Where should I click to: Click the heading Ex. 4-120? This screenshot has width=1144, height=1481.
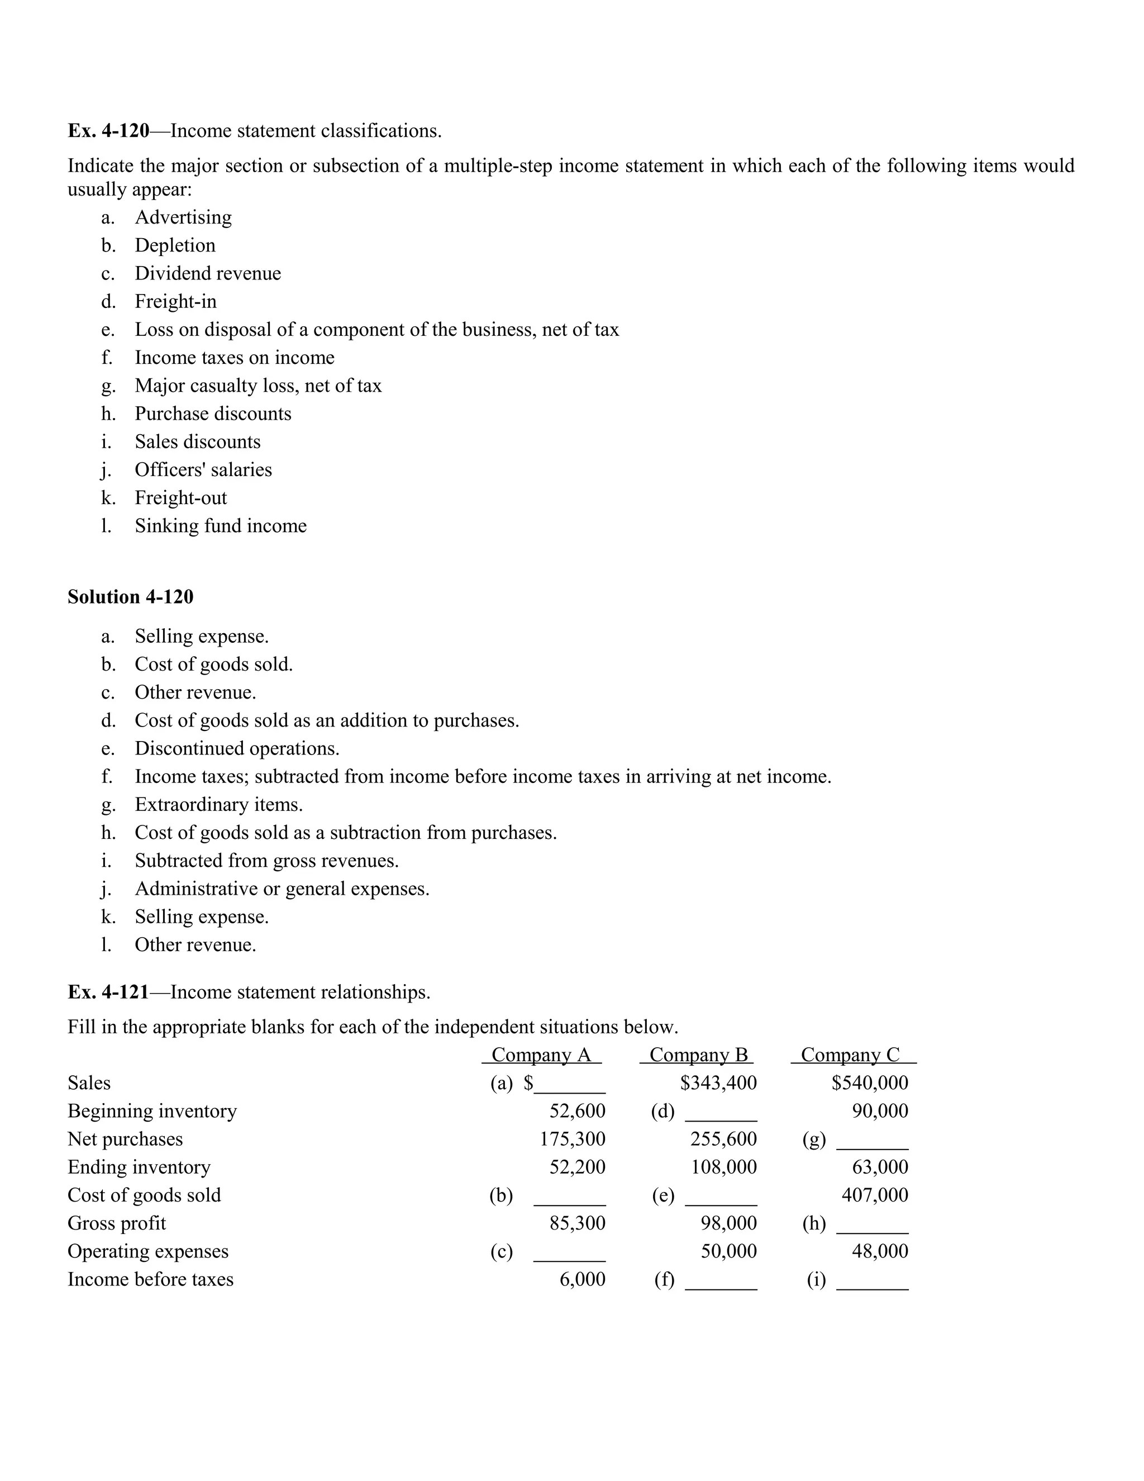coord(108,131)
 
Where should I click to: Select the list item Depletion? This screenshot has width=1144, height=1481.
coord(175,245)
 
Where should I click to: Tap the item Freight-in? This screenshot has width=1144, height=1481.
coord(175,302)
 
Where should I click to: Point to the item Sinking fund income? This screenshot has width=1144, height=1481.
coord(220,526)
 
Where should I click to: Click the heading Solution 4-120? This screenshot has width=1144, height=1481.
coord(130,597)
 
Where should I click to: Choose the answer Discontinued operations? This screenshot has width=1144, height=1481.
coord(236,749)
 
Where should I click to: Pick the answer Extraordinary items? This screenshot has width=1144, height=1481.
coord(218,805)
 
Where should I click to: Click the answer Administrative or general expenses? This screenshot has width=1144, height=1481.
coord(282,889)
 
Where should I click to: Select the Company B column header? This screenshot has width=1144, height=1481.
coord(698,1055)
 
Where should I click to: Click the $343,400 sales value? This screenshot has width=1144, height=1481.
coord(718,1083)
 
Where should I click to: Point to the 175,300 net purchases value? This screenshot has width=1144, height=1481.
coord(572,1139)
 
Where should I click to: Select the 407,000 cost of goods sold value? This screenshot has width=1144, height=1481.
coord(874,1195)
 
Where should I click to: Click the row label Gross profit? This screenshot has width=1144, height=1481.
coord(117,1223)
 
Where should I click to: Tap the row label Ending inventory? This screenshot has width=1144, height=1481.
coord(139,1167)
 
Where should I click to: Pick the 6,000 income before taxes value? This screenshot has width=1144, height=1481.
coord(582,1280)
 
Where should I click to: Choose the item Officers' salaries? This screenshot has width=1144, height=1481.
coord(203,470)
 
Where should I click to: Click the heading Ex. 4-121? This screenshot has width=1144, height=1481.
coord(108,993)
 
